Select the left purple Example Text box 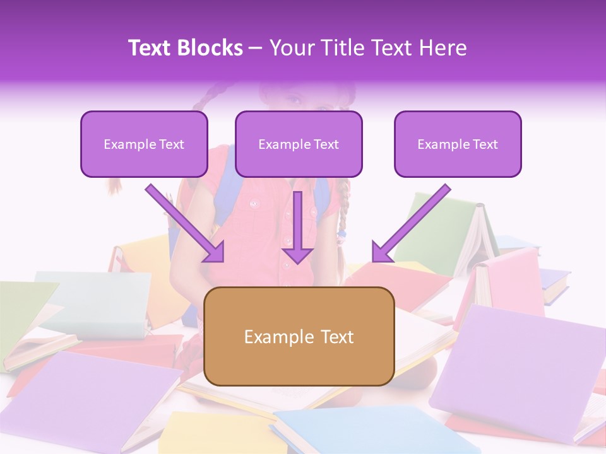pyautogui.click(x=144, y=144)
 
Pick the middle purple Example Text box pyautogui.click(x=299, y=144)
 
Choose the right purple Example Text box pyautogui.click(x=458, y=144)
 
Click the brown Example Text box pyautogui.click(x=299, y=336)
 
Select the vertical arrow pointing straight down pyautogui.click(x=297, y=227)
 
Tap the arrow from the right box pyautogui.click(x=411, y=223)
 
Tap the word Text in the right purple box pyautogui.click(x=485, y=144)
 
